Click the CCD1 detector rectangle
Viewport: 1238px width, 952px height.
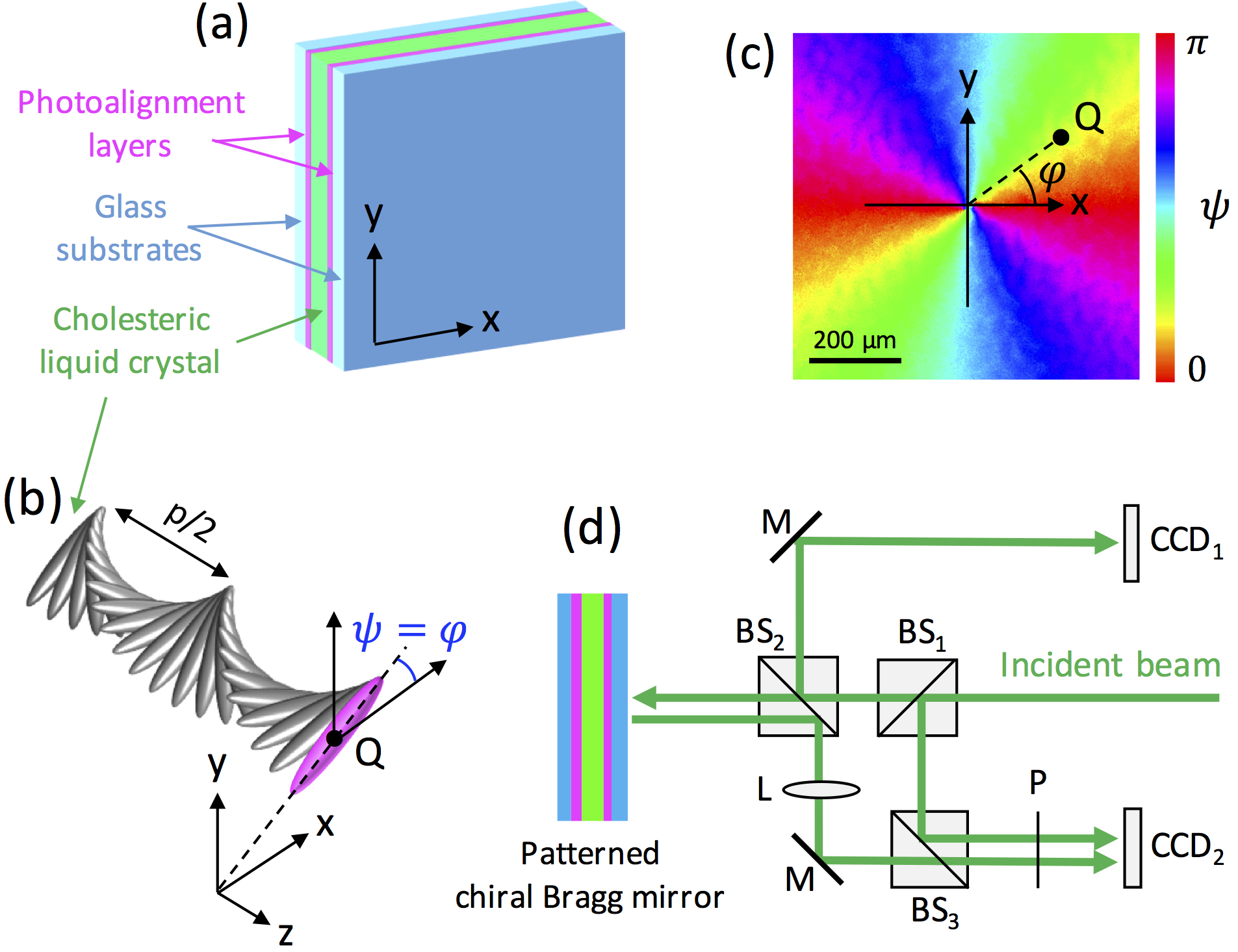point(1131,543)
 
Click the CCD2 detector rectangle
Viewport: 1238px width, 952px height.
point(1132,847)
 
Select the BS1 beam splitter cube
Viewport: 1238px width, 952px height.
point(917,698)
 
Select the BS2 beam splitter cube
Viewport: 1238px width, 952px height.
point(798,696)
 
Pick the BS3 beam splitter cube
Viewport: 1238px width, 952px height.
point(929,849)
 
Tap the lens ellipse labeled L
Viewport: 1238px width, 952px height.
point(821,790)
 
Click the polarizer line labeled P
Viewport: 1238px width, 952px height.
point(1037,850)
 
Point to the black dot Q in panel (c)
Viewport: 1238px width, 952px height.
point(1061,137)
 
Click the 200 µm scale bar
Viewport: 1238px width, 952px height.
point(855,359)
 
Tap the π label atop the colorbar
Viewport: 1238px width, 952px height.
point(1196,45)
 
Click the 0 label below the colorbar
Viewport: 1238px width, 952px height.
point(1196,368)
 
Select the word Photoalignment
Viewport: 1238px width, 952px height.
point(131,103)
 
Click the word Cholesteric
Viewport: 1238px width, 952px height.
point(131,319)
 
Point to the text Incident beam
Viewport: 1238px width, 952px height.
point(1110,665)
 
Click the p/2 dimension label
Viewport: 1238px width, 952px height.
point(190,521)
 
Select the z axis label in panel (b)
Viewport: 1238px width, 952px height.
point(285,933)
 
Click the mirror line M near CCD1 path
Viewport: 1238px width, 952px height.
point(795,537)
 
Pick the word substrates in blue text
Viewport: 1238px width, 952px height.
point(129,250)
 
